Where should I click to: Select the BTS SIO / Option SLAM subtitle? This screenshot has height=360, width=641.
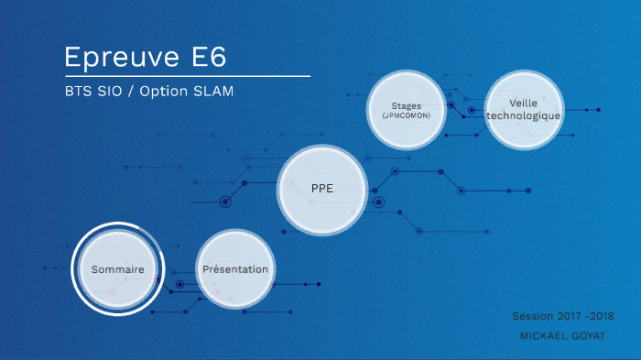pyautogui.click(x=156, y=93)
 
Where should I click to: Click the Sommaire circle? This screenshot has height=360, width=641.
pyautogui.click(x=118, y=269)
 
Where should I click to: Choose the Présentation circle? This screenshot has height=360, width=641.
pyautogui.click(x=235, y=269)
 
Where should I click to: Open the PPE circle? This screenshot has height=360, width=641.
pyautogui.click(x=322, y=189)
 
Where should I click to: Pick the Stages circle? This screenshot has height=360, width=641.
pyautogui.click(x=406, y=110)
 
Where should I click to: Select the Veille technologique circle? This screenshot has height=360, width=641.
pyautogui.click(x=524, y=110)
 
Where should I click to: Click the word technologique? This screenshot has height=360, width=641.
pyautogui.click(x=524, y=116)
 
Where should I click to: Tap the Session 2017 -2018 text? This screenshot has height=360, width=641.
pyautogui.click(x=563, y=316)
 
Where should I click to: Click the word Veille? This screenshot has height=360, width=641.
pyautogui.click(x=524, y=104)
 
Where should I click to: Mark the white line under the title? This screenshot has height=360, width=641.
pyautogui.click(x=187, y=76)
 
